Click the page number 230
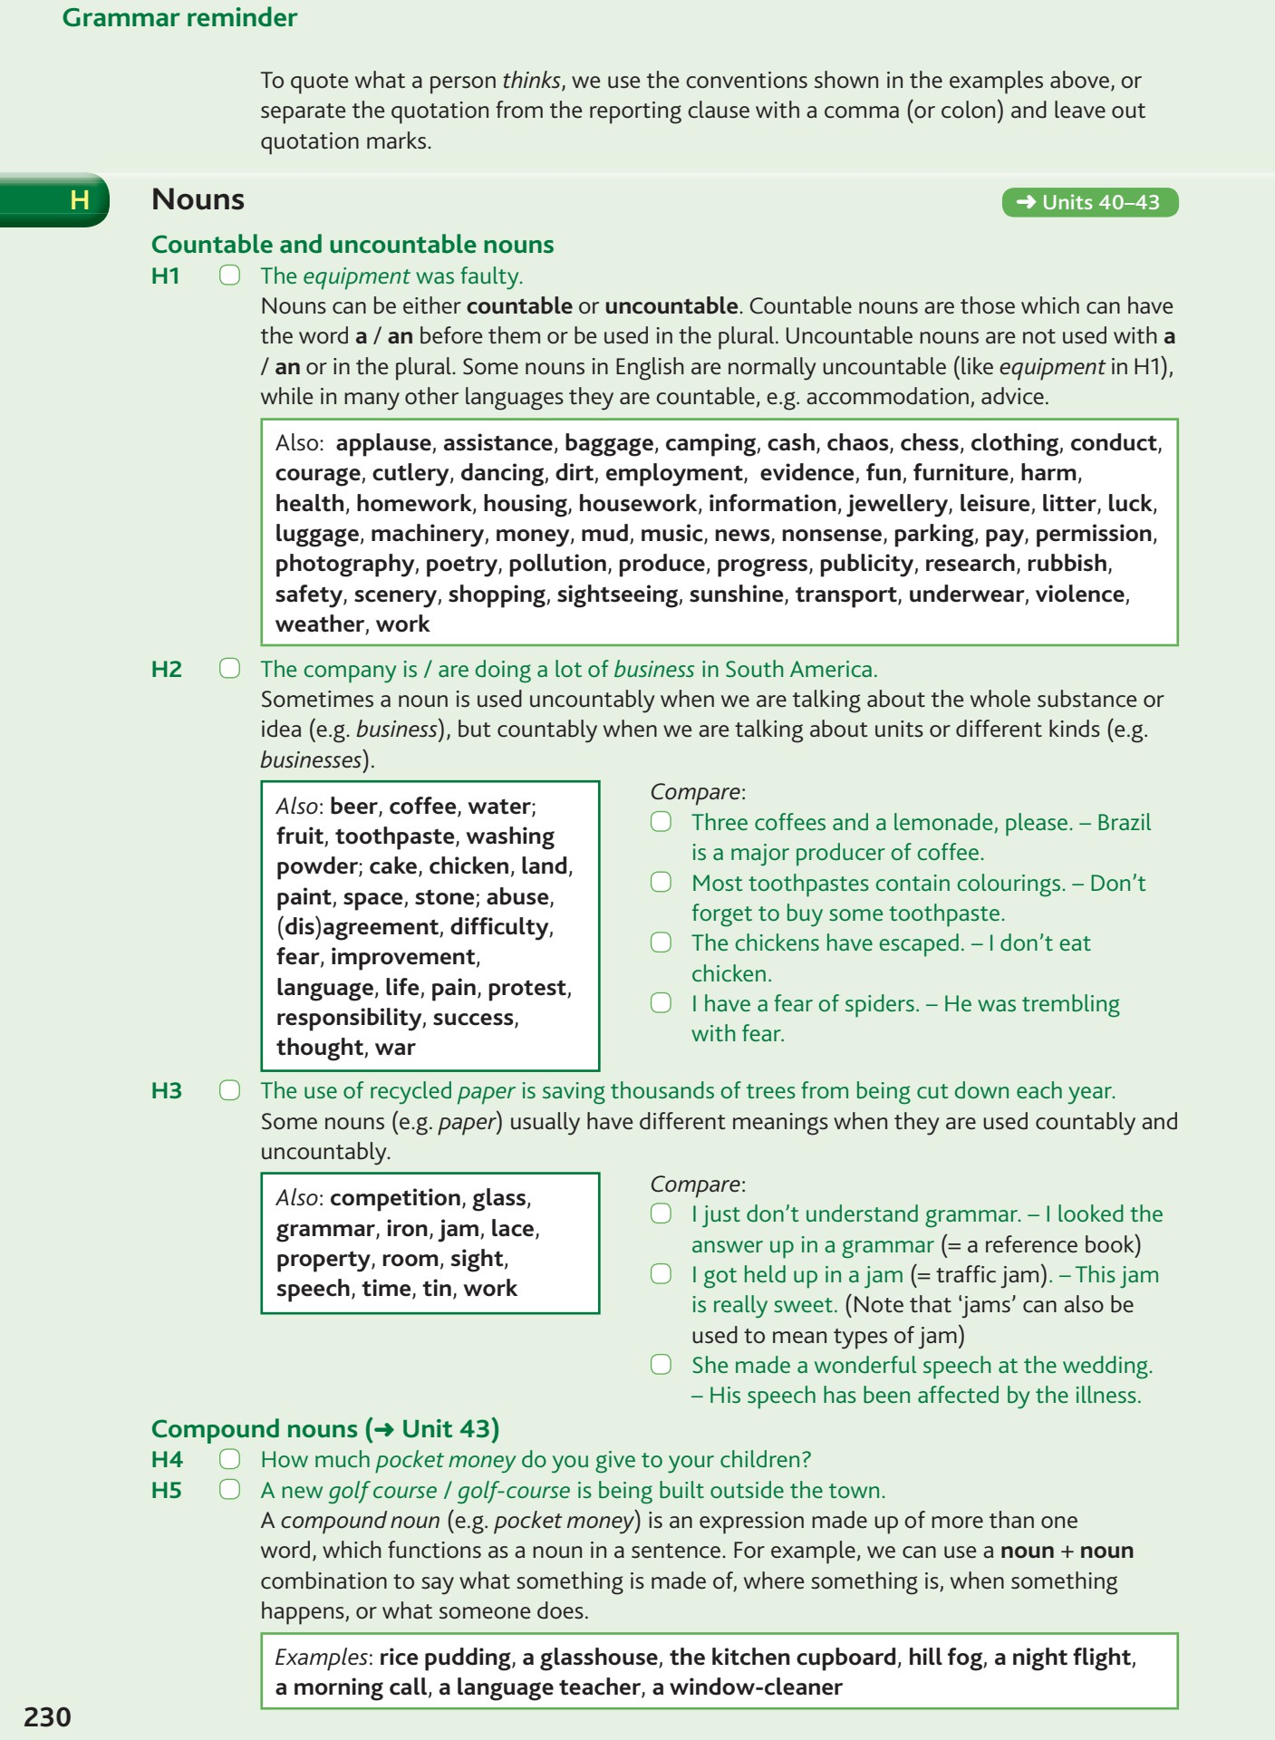(x=47, y=1716)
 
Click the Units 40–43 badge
(x=1089, y=202)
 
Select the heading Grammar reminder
(x=179, y=17)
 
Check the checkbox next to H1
(x=230, y=275)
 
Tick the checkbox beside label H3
(x=230, y=1090)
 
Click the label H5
(x=167, y=1490)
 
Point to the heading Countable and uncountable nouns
(x=353, y=244)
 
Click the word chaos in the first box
(x=857, y=442)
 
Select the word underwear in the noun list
(x=966, y=594)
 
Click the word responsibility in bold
(x=348, y=1017)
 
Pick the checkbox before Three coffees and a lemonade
(x=662, y=822)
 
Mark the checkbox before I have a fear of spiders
(x=662, y=1003)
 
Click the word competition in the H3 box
(x=395, y=1197)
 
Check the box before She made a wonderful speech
(x=662, y=1365)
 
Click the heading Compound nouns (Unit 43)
(x=325, y=1428)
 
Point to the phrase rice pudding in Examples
(x=445, y=1657)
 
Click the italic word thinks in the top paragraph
(x=531, y=80)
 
